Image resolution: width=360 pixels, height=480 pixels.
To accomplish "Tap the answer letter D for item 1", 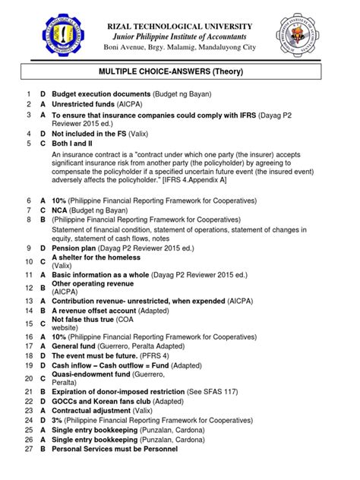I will click(43, 93).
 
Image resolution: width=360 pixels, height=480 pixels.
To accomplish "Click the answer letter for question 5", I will click(43, 142).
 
